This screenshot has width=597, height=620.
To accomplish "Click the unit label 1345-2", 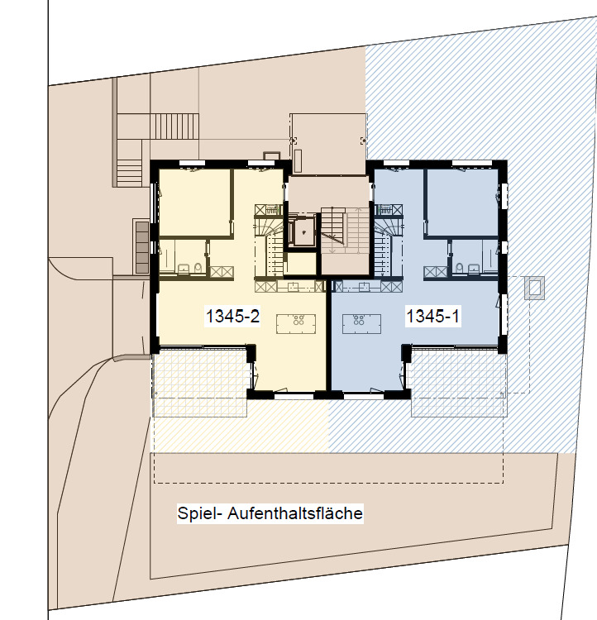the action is [232, 316].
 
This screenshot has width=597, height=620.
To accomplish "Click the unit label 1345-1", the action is [432, 316].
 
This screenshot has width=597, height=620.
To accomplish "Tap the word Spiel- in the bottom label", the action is [197, 513].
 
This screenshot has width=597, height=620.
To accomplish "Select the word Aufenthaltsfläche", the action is [295, 513].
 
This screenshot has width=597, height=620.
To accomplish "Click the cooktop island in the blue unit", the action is [361, 324].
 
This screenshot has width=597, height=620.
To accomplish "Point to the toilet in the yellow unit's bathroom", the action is [198, 268].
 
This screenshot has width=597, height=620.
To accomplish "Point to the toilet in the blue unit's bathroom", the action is [459, 268].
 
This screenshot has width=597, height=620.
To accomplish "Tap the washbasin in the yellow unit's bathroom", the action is [184, 269].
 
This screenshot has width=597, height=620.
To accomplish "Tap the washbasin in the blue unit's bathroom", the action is [474, 269].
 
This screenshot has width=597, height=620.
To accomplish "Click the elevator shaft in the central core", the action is [303, 232].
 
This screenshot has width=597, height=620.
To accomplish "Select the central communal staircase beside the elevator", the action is [344, 231].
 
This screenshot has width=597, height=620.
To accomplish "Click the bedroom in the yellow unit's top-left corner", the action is [193, 203].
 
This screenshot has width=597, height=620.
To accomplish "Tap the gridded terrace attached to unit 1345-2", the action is [201, 382].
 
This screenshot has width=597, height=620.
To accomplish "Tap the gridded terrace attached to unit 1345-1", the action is [459, 382].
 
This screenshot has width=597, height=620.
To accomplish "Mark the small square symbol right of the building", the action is [534, 288].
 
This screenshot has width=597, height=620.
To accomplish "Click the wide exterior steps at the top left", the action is [174, 126].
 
